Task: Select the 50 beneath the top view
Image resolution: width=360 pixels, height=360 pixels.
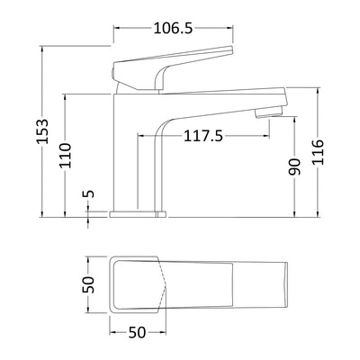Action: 136,333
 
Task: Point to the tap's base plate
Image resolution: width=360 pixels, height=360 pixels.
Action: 139,213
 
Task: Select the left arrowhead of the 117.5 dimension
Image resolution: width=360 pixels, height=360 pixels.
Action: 140,136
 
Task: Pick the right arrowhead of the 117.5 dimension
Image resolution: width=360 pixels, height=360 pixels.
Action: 267,136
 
